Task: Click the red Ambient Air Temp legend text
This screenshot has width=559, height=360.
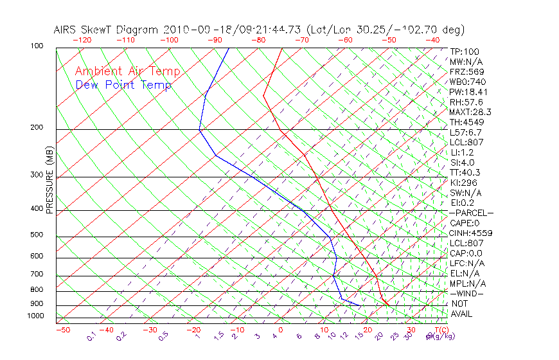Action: [x=128, y=72]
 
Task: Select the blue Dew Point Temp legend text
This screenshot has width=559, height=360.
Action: [x=123, y=85]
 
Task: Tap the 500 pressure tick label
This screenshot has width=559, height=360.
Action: [x=37, y=235]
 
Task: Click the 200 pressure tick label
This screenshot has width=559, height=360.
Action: [x=37, y=128]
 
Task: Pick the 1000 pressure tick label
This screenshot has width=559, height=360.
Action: [x=35, y=316]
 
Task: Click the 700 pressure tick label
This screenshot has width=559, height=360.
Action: [x=37, y=274]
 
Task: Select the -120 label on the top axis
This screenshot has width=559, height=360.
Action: [x=82, y=40]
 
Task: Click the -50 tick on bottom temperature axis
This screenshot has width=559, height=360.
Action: [x=63, y=330]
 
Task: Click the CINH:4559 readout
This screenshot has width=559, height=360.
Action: [x=470, y=233]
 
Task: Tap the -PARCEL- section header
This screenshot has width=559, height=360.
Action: [x=471, y=213]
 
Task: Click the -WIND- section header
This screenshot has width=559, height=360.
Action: [x=467, y=294]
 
